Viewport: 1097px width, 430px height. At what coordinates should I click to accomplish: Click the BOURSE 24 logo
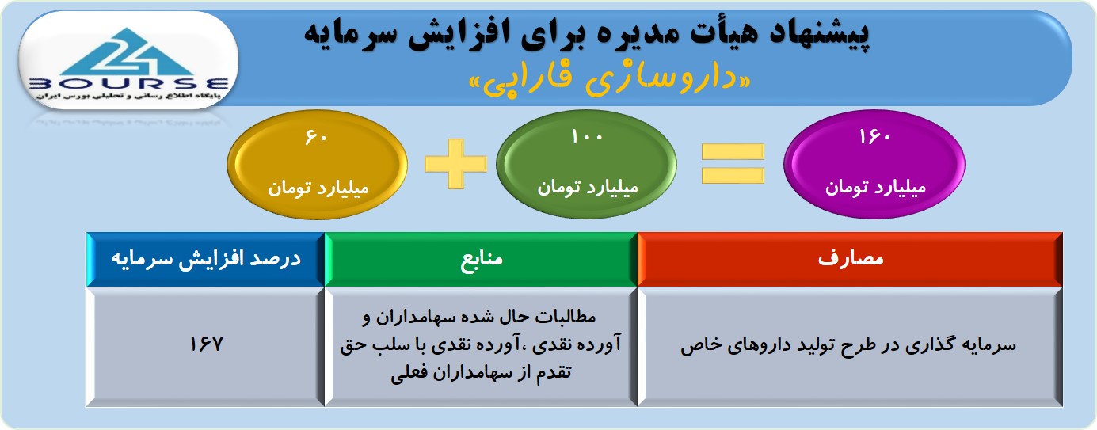coord(128,63)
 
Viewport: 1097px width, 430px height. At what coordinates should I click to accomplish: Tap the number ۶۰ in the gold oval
coord(316,137)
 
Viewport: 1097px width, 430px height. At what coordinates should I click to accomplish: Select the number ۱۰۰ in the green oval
coord(586,137)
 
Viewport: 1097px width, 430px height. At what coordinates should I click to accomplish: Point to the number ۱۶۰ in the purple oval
coord(874,137)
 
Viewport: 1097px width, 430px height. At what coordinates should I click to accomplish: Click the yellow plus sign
coord(456,164)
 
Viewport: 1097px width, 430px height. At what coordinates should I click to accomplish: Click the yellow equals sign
coord(733,164)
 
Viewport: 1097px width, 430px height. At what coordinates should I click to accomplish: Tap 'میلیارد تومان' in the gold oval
coord(318,188)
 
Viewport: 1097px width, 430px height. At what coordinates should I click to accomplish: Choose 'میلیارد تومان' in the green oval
coord(588,187)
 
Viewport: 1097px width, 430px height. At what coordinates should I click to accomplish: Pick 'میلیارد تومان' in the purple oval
coord(875,187)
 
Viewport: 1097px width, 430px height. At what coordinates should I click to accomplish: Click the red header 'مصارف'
coord(851,258)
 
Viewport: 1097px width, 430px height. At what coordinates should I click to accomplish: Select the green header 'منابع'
coord(482,258)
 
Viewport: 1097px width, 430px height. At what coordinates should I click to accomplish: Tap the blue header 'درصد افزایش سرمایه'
coord(206,258)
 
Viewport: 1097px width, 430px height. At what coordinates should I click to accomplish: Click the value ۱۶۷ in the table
coord(206,344)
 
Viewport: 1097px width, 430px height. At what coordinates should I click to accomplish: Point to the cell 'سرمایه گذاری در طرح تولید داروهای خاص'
coord(848,344)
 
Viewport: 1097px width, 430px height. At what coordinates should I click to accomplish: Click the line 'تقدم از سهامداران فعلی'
coord(481,373)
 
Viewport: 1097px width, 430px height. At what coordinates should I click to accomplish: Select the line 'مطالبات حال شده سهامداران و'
coord(479,317)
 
